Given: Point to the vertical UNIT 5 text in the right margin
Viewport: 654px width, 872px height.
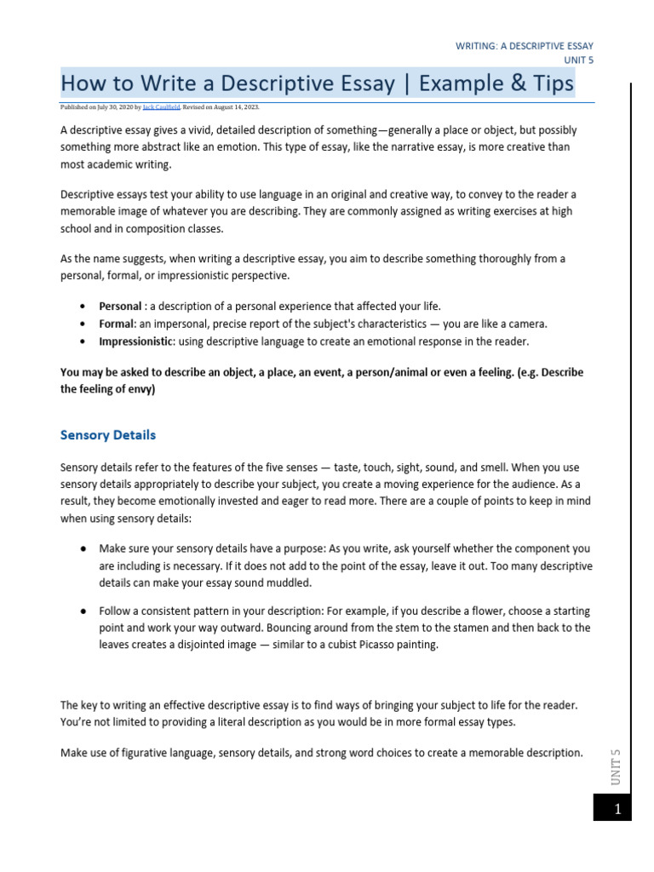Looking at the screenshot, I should [x=617, y=766].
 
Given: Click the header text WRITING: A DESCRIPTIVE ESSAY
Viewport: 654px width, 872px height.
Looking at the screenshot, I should [x=525, y=45].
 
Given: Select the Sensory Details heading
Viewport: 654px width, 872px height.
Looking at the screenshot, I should [x=108, y=435].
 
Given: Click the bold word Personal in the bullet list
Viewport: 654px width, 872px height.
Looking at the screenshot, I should [x=119, y=306].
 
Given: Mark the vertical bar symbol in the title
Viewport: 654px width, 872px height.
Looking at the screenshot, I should [x=405, y=84].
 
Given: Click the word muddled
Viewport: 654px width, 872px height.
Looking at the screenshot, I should [x=287, y=583].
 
